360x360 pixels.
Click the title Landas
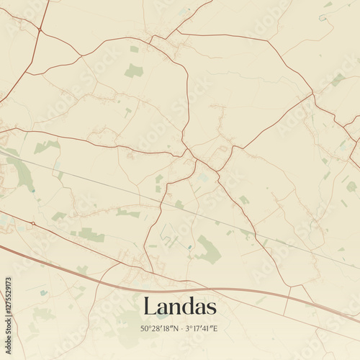(x=179, y=306)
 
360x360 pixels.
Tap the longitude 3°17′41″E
(x=202, y=328)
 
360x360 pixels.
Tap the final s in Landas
(x=211, y=307)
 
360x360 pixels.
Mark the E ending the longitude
(x=215, y=328)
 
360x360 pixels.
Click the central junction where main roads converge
(x=189, y=153)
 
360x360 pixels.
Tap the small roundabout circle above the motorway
(x=32, y=225)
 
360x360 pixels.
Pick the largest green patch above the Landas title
(x=209, y=250)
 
